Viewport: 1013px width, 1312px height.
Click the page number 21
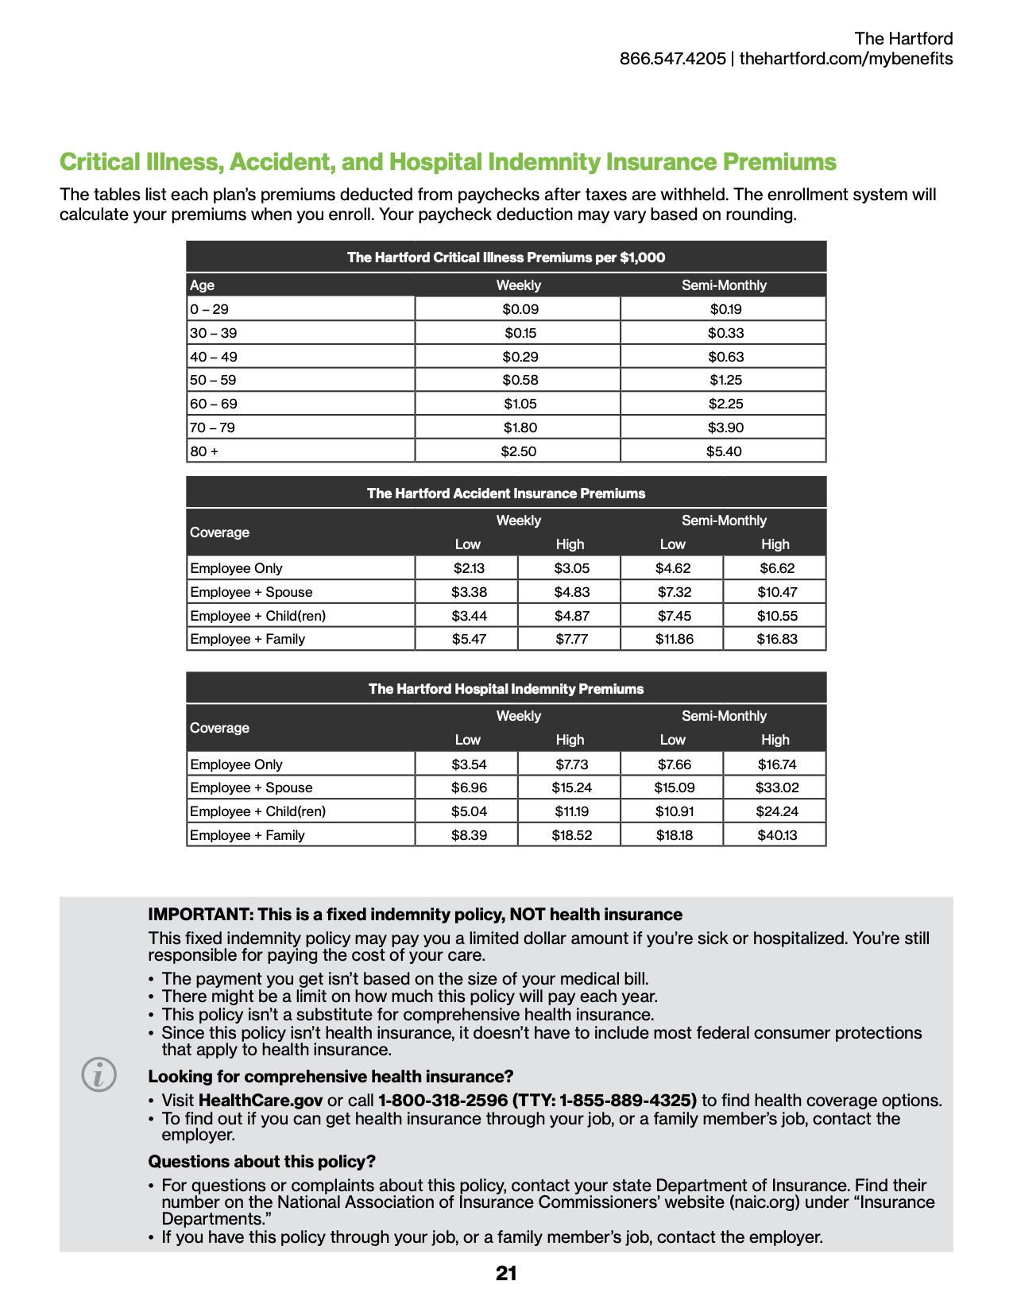click(506, 1274)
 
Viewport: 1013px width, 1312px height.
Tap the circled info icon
click(99, 1075)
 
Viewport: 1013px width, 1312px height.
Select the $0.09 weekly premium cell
click(520, 309)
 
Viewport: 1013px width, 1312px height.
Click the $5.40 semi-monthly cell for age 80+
click(724, 451)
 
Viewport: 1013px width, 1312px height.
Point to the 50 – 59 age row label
click(213, 380)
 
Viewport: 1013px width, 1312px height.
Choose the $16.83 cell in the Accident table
click(776, 639)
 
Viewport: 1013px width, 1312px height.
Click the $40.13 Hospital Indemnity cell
click(776, 835)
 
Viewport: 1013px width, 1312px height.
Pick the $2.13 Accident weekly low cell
click(469, 568)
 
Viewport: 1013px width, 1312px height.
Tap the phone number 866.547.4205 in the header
click(672, 59)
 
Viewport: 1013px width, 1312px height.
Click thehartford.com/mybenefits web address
click(846, 59)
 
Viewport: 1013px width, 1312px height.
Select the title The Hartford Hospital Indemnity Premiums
click(506, 689)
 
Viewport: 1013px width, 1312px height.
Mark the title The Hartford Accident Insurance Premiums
click(506, 493)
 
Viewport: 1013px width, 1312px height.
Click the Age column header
click(203, 285)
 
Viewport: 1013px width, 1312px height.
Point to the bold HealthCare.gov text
click(261, 1101)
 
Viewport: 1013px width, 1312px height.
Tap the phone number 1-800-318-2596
click(443, 1101)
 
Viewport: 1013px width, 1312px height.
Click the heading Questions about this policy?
click(262, 1162)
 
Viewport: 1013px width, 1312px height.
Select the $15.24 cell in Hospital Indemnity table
click(571, 788)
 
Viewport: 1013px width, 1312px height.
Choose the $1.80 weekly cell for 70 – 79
click(520, 428)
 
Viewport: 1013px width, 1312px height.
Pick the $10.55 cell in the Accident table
click(776, 616)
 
